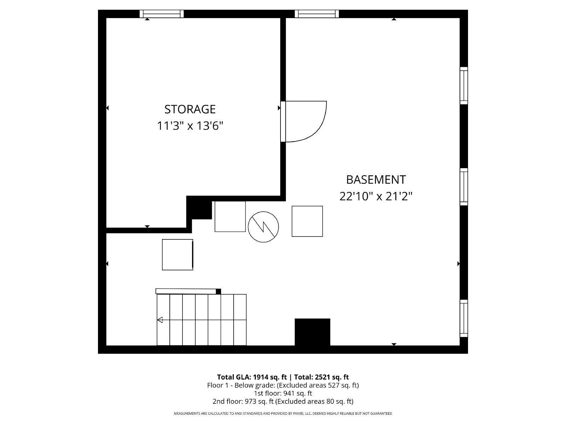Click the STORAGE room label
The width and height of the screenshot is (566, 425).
coord(190,109)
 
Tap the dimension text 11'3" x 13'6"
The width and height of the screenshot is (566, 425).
coord(190,126)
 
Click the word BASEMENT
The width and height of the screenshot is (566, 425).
coord(376,180)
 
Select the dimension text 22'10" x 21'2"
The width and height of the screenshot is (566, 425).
coord(376,196)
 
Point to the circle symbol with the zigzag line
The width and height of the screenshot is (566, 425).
coord(263,227)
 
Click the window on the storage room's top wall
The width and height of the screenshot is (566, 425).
coord(162,14)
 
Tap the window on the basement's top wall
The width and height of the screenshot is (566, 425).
coord(317,14)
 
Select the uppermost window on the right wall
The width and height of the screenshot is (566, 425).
coord(464,85)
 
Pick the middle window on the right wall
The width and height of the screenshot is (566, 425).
coord(464,187)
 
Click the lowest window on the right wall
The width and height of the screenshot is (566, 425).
coord(464,318)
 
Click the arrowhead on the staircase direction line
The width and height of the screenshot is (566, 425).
coord(160,320)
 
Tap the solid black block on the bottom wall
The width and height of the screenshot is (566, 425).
coord(312,332)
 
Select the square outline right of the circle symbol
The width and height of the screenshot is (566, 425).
coord(307,221)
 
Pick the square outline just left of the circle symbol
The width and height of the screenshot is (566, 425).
coord(230,216)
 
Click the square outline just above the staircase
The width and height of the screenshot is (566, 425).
coord(177,254)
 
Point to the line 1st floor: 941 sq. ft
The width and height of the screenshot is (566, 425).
coord(283,393)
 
